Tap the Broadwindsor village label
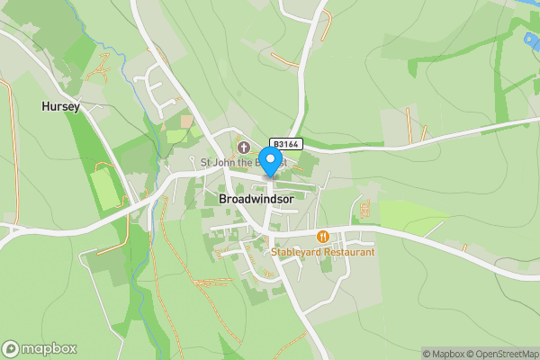coord(256,199)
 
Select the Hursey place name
coord(61,106)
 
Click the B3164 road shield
coord(287,144)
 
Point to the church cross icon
coord(243,147)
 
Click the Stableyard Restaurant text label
coord(322,252)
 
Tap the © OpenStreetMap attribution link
coord(499,354)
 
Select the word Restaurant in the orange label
coord(347,252)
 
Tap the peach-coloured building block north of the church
coord(187,120)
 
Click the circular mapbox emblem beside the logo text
coord(11,349)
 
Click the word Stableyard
coord(296,252)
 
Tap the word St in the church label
coord(205,163)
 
